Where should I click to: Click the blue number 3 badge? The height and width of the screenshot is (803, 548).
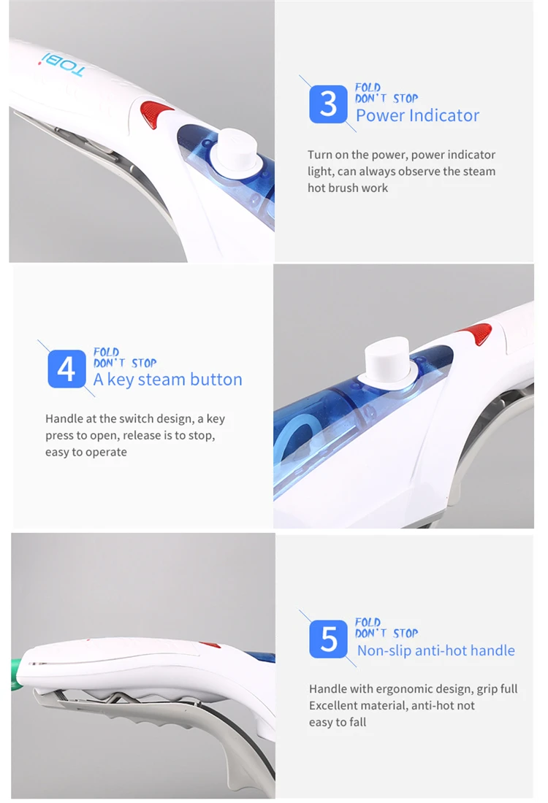pyautogui.click(x=328, y=104)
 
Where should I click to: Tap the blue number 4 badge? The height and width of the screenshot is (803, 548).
pyautogui.click(x=66, y=369)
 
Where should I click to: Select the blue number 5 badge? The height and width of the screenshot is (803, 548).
pyautogui.click(x=329, y=639)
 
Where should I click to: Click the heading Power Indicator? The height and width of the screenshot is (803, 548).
pyautogui.click(x=417, y=115)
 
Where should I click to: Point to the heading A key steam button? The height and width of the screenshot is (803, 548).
pyautogui.click(x=167, y=380)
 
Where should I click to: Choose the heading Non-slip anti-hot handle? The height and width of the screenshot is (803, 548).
pyautogui.click(x=435, y=650)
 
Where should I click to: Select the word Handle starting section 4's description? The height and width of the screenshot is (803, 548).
pyautogui.click(x=63, y=419)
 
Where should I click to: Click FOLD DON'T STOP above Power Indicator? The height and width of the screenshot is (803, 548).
pyautogui.click(x=386, y=93)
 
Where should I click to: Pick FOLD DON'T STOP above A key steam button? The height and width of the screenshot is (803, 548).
pyautogui.click(x=124, y=358)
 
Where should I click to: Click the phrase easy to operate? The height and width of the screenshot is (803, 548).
pyautogui.click(x=86, y=453)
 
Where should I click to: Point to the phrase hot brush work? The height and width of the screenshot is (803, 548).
pyautogui.click(x=348, y=188)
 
